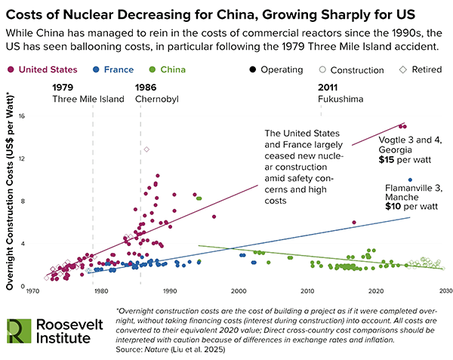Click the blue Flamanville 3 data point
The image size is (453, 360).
tap(410, 180)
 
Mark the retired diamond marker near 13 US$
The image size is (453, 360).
tap(146, 149)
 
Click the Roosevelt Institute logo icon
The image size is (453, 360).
tap(19, 330)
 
